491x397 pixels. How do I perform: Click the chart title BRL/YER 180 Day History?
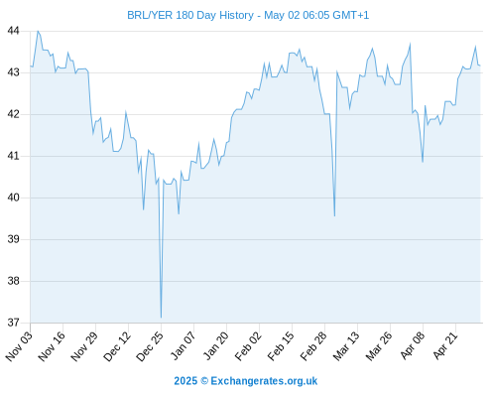click(190, 15)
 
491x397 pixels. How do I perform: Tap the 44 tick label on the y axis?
click(13, 31)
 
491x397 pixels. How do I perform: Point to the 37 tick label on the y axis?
click(13, 323)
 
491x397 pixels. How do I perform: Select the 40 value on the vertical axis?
click(13, 198)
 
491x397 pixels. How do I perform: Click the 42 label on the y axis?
click(13, 114)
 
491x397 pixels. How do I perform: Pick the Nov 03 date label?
click(19, 346)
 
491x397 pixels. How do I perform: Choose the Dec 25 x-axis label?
click(150, 346)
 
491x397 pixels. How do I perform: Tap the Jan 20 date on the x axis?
click(215, 346)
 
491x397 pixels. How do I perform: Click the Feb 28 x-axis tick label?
click(313, 346)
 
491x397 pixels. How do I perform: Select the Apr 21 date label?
click(445, 346)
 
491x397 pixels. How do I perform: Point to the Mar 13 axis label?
click(346, 346)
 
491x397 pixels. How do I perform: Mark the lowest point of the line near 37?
click(161, 318)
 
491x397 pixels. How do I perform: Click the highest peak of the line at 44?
click(38, 31)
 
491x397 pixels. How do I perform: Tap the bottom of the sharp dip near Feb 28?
click(334, 216)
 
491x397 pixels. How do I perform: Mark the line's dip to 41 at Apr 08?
click(423, 162)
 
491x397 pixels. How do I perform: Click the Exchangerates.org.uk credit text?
click(264, 381)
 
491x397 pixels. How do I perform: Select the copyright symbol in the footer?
click(204, 381)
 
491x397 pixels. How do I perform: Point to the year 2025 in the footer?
click(185, 381)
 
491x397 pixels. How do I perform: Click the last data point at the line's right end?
click(480, 66)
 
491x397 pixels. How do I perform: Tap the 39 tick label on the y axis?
click(13, 239)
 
